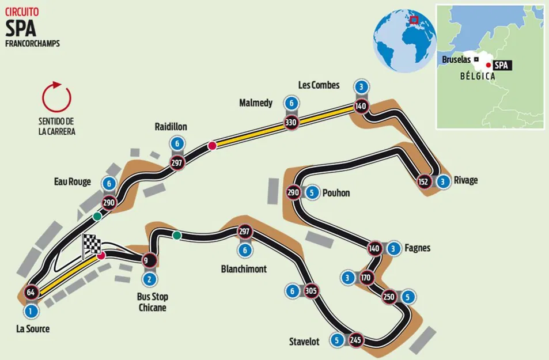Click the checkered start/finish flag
pos(91,246)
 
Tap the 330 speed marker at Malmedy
pos(292,122)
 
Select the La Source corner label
pos(33,329)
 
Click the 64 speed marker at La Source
pos(31,292)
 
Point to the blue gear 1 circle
pos(31,311)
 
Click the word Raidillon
pos(171,126)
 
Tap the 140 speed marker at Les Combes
pos(361,105)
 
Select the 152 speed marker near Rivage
pos(423,181)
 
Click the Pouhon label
pos(337,192)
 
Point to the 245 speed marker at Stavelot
pos(355,340)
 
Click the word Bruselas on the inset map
pos(456,59)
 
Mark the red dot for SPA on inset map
pos(489,66)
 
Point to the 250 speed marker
pos(388,297)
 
